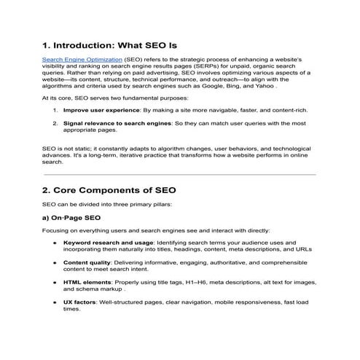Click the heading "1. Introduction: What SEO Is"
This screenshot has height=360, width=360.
pyautogui.click(x=109, y=46)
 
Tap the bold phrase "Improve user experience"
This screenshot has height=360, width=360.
pyautogui.click(x=98, y=110)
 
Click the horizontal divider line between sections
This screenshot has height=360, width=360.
pyautogui.click(x=179, y=174)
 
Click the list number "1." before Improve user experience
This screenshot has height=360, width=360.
pyautogui.click(x=55, y=110)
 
